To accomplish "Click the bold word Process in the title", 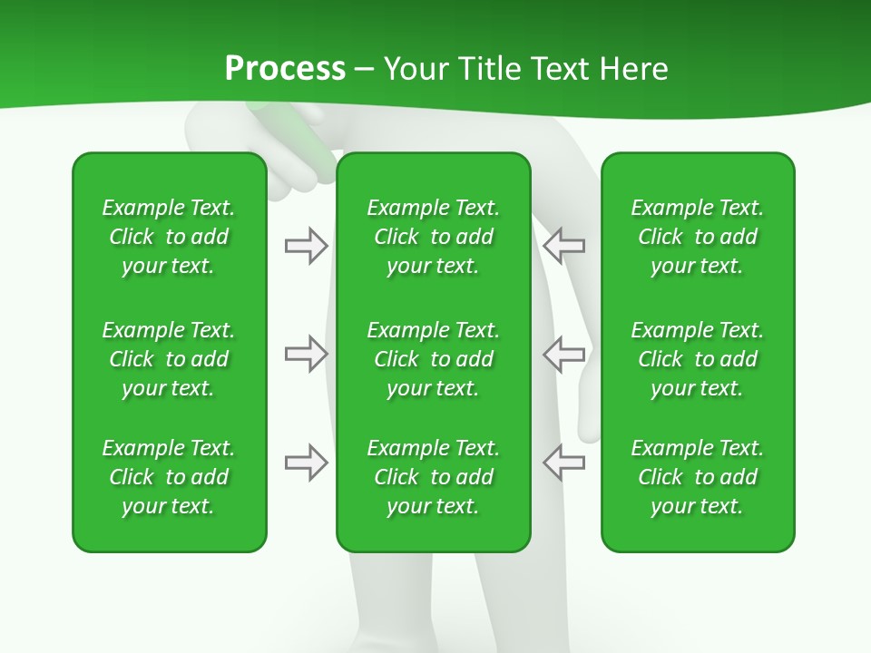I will [285, 69].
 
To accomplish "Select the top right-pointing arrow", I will [306, 246].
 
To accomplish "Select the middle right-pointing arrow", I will [306, 354].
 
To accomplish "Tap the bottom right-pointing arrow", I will [306, 463].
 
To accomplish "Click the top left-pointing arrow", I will [563, 246].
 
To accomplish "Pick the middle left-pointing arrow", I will [563, 354].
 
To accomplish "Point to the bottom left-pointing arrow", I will [563, 463].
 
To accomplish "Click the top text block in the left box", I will [169, 237].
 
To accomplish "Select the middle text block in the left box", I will [169, 359].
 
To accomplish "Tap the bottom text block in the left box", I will [169, 477].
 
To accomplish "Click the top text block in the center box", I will [433, 237].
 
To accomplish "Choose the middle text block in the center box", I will [433, 359].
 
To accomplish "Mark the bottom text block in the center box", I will [433, 477].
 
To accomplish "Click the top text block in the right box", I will [697, 237].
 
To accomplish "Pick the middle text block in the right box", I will [697, 359].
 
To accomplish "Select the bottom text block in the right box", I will [697, 477].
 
